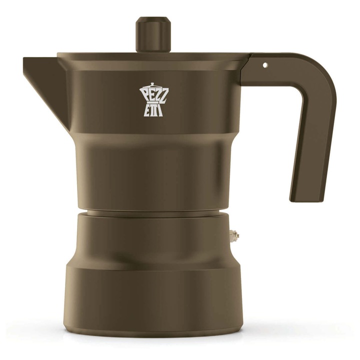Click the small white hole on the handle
click(x=265, y=65)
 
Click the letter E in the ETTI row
click(x=147, y=111)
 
